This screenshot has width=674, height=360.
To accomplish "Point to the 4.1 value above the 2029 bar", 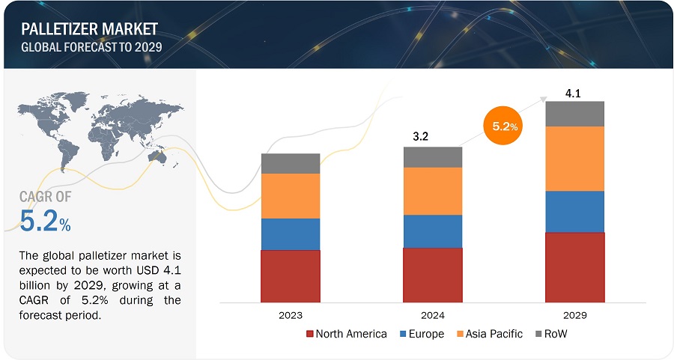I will pyautogui.click(x=574, y=94).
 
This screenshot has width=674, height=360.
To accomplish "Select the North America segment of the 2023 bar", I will pyautogui.click(x=291, y=275).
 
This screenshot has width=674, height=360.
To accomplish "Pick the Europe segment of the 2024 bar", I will pyautogui.click(x=432, y=231).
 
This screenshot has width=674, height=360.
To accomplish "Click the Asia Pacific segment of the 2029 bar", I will pyautogui.click(x=574, y=158).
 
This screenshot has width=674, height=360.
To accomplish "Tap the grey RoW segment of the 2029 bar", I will pyautogui.click(x=574, y=114).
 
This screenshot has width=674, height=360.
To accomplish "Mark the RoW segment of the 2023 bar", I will pyautogui.click(x=291, y=163).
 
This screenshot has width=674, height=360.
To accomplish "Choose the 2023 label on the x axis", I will pyautogui.click(x=291, y=316).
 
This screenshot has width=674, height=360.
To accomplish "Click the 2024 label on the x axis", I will pyautogui.click(x=432, y=316).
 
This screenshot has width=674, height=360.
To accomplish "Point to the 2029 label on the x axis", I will pyautogui.click(x=574, y=316).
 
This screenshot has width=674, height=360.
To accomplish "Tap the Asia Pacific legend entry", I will pyautogui.click(x=489, y=334).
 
